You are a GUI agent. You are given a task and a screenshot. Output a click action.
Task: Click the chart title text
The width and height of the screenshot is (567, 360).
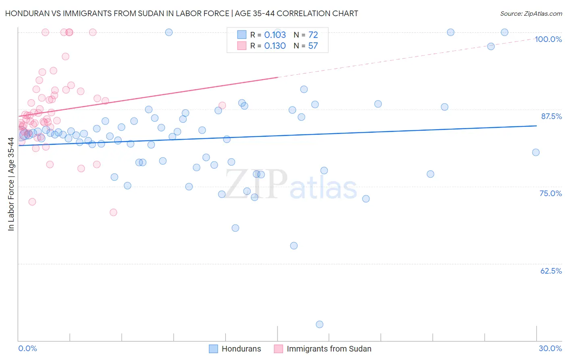click(x=181, y=13)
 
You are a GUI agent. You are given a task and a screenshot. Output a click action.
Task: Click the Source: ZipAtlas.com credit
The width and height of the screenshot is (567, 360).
click(x=531, y=13)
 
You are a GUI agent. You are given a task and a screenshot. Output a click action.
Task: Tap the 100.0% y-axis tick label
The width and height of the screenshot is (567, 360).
click(x=548, y=39)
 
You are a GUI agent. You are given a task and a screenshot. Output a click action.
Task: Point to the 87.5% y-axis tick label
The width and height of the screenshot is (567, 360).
click(x=551, y=116)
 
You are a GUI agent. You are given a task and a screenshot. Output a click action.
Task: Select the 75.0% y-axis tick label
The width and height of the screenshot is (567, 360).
click(x=550, y=193)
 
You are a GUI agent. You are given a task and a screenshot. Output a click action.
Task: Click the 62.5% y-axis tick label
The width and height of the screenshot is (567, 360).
click(x=550, y=271)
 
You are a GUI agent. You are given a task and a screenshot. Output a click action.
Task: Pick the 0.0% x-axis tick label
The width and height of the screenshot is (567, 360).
click(x=27, y=348)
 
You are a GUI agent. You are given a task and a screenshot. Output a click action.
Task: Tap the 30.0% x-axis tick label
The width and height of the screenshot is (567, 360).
click(x=550, y=348)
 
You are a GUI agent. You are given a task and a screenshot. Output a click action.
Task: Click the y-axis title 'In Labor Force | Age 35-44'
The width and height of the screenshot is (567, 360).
click(x=11, y=184)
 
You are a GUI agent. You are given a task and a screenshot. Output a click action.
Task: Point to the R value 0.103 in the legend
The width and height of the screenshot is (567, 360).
click(x=275, y=35)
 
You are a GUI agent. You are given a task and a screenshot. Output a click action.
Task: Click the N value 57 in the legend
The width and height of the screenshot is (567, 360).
click(x=313, y=46)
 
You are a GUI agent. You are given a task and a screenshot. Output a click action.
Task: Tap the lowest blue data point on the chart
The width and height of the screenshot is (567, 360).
click(x=319, y=324)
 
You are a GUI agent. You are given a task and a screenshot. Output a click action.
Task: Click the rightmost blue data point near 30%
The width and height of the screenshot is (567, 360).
click(x=536, y=152)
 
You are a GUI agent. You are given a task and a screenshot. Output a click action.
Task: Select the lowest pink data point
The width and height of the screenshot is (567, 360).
click(x=113, y=212)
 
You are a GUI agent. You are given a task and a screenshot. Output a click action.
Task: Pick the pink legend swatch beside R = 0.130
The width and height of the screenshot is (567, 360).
click(x=242, y=46)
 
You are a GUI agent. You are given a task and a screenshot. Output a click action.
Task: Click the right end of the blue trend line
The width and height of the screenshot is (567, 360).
click(x=536, y=126)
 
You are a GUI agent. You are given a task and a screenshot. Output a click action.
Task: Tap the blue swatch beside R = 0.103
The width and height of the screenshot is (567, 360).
click(x=242, y=35)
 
